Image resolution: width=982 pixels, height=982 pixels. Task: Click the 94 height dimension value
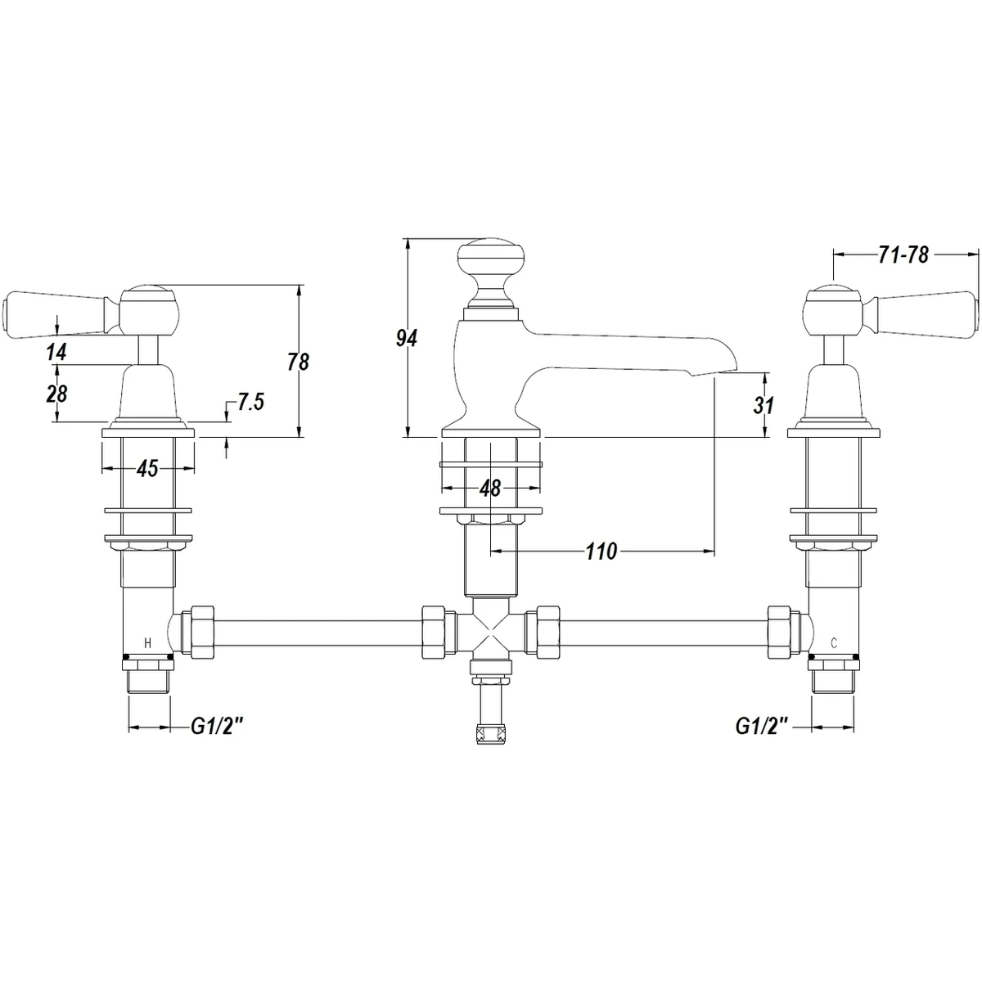click(407, 338)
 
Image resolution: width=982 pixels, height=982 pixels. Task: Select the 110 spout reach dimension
click(601, 551)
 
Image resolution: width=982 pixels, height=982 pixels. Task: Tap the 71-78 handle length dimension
click(903, 255)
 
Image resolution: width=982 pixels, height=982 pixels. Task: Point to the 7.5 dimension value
click(250, 402)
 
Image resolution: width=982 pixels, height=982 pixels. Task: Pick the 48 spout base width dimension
click(490, 489)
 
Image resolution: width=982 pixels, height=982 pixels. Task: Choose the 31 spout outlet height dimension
click(764, 405)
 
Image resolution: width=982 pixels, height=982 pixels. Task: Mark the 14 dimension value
click(56, 352)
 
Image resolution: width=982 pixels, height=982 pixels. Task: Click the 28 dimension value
click(56, 394)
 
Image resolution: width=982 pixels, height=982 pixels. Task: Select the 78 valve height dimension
click(298, 362)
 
